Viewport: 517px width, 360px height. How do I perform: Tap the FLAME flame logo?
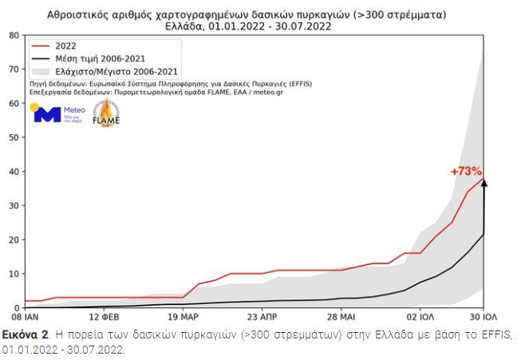click(105, 115)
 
